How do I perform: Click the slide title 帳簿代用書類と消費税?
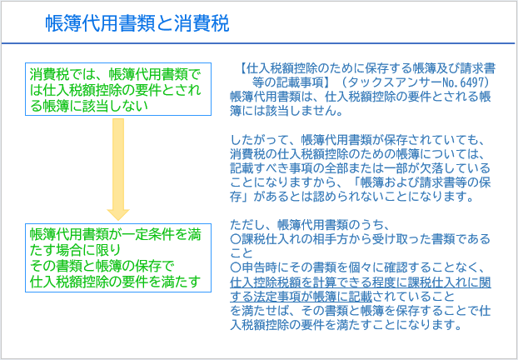point(137,23)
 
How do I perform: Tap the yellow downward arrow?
point(118,169)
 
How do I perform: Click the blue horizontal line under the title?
point(258,43)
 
